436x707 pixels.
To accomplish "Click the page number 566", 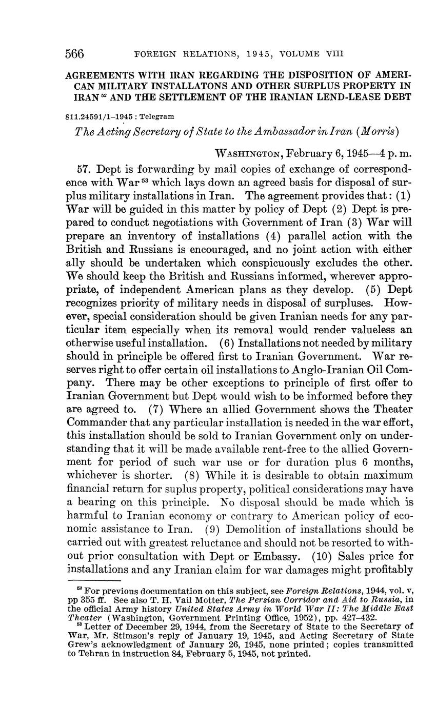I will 75,53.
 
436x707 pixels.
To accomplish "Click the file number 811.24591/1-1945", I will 100,117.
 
